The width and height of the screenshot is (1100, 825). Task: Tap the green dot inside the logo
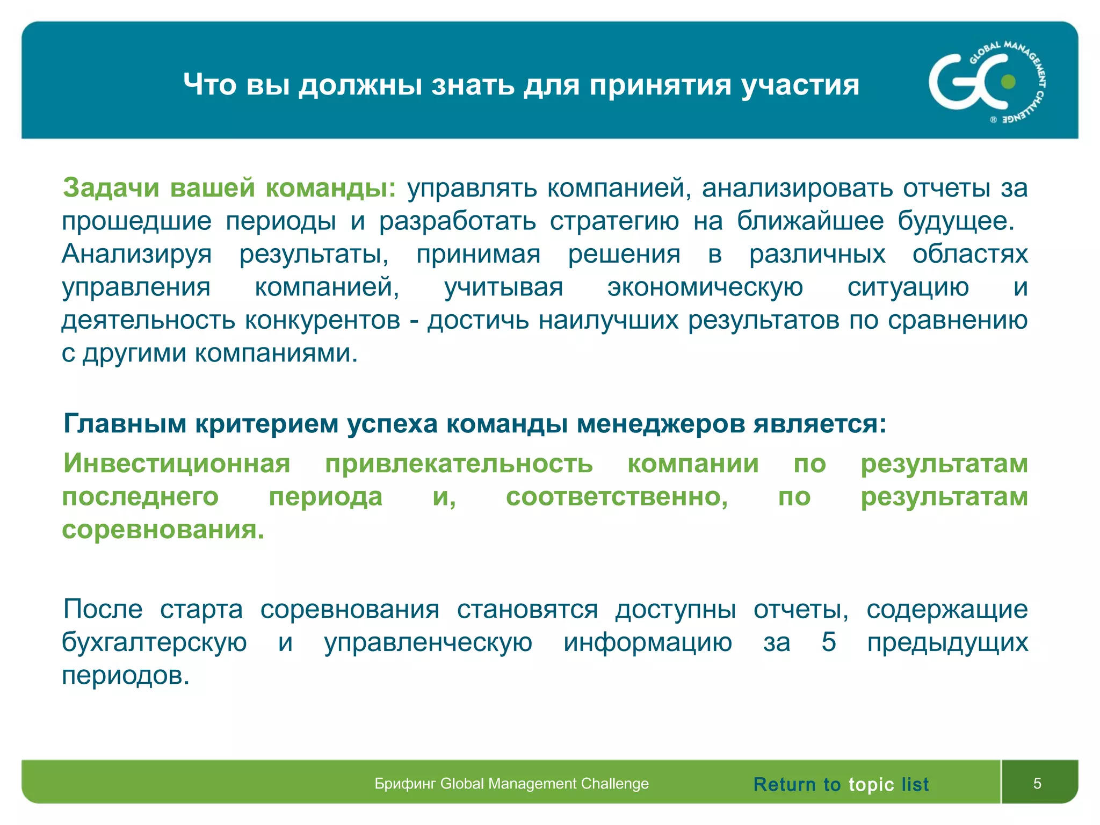click(1008, 82)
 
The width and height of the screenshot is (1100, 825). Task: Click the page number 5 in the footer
click(1037, 784)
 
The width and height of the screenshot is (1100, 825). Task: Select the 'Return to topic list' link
click(841, 784)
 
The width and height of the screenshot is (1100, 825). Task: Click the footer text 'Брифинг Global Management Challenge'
click(511, 784)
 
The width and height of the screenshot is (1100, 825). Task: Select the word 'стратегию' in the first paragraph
click(614, 221)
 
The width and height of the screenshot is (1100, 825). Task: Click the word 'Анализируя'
click(137, 255)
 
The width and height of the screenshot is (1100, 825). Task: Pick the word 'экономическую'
click(705, 287)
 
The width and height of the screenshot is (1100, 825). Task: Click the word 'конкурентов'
click(322, 320)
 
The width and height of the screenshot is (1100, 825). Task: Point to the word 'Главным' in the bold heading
click(125, 424)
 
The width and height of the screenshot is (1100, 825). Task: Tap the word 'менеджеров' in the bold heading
click(661, 424)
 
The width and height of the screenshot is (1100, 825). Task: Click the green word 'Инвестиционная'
click(177, 463)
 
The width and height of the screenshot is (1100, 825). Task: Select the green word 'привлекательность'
click(459, 464)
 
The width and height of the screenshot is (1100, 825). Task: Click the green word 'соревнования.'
click(163, 530)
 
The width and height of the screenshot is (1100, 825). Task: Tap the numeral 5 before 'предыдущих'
click(829, 642)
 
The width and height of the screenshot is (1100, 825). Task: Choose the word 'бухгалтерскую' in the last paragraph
click(154, 643)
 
